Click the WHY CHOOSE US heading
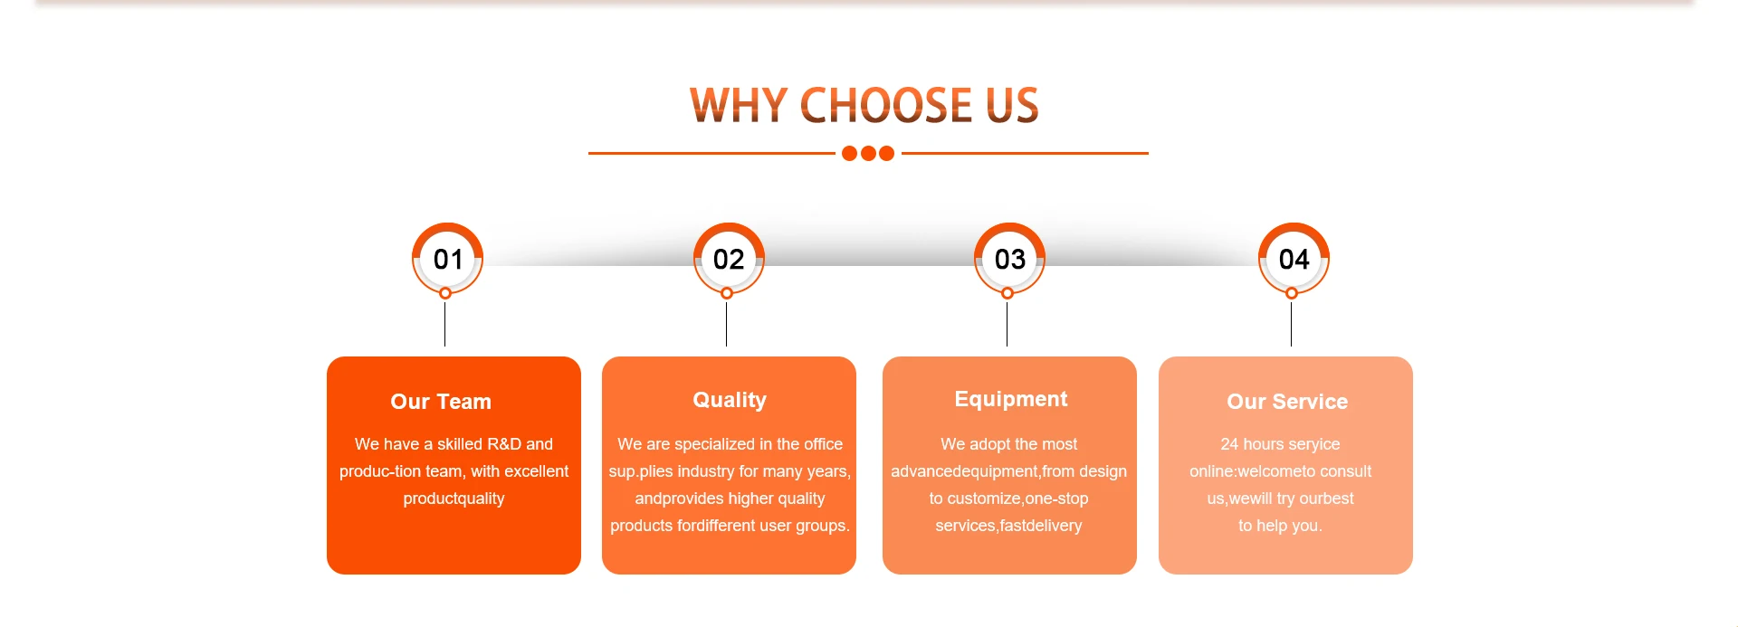coord(864,105)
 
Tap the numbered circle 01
coord(447,259)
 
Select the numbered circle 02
coord(729,259)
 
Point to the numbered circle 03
coord(1009,259)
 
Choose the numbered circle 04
coord(1294,259)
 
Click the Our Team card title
coord(441,402)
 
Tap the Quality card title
coord(730,400)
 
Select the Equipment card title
coord(1010,399)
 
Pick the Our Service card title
coord(1287,402)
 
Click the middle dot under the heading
coord(868,154)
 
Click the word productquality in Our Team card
coord(454,499)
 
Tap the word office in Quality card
coord(823,444)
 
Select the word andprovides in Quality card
coord(671,499)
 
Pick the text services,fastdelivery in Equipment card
coord(1008,526)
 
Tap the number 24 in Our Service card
coord(1229,444)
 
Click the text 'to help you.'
coord(1280,526)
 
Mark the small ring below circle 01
coord(445,293)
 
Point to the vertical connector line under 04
coord(1291,323)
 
